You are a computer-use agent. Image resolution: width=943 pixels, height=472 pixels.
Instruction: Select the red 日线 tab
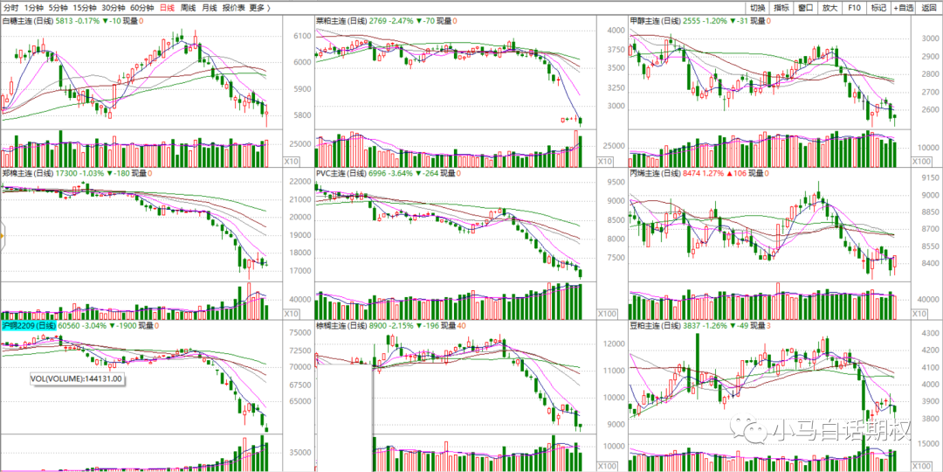coord(164,8)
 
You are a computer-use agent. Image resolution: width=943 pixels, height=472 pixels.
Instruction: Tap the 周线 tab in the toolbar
coord(189,8)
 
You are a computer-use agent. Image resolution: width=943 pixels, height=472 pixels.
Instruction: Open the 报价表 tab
coord(233,8)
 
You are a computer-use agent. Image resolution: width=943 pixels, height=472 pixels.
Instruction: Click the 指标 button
coord(781,8)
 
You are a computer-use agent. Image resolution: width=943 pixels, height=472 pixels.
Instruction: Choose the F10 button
coord(854,8)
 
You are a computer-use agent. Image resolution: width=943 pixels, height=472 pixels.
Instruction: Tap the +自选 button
coord(903,8)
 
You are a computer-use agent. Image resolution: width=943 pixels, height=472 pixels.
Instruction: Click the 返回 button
coord(929,8)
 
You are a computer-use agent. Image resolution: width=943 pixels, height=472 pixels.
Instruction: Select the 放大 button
coord(830,8)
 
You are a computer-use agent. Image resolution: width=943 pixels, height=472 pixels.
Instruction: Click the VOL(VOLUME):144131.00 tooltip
coord(76,378)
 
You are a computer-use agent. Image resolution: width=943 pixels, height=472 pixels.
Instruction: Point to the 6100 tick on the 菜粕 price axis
coord(303,36)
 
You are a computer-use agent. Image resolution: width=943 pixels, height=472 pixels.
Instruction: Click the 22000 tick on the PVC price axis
coord(300,182)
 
